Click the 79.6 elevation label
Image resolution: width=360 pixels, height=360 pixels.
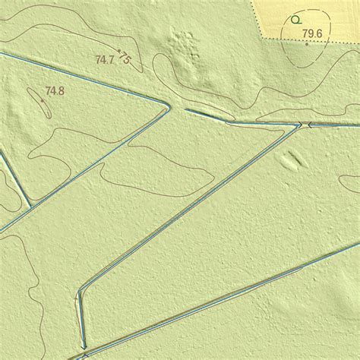[311, 33]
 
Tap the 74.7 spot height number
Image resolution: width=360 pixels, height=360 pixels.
[105, 58]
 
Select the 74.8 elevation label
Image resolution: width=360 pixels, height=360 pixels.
[54, 91]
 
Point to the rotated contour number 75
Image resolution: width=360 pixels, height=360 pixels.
[125, 58]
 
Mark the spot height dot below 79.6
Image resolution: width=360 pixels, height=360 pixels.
[307, 44]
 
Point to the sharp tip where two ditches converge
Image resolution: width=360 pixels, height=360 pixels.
[166, 106]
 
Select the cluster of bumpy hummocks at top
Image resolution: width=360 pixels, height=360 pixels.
[183, 46]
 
